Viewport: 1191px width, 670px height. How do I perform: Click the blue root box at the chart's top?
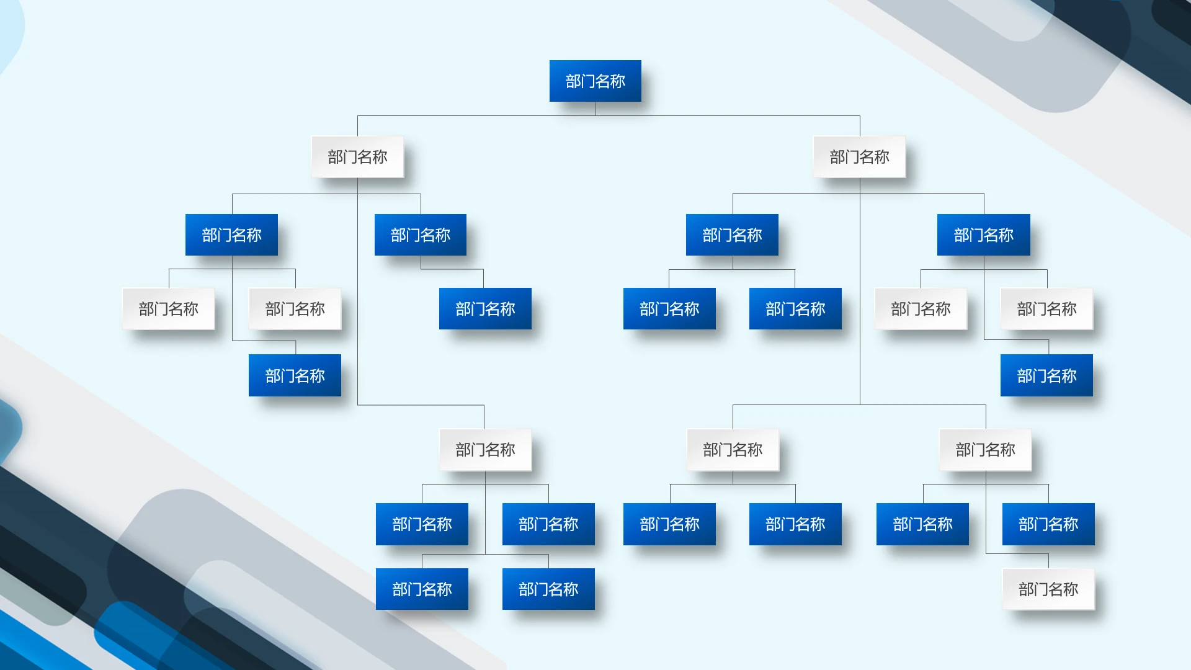coord(595,81)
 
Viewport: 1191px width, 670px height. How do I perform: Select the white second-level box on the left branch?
coord(357,157)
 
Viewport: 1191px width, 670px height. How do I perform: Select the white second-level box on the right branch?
coord(860,157)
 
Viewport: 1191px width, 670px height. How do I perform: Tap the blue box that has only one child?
coord(421,234)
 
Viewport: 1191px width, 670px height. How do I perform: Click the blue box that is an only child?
coord(485,308)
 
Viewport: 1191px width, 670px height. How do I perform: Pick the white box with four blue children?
coord(485,450)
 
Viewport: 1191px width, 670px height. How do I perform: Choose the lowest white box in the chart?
coord(1048,589)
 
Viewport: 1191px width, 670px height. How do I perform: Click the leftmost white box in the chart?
coord(169,308)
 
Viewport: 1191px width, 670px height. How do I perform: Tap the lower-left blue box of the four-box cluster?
coord(422,589)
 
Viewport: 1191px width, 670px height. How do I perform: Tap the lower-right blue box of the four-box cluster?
coord(548,589)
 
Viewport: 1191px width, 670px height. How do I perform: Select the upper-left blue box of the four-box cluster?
coord(422,524)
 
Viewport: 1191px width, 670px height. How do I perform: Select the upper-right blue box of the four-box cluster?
coord(548,524)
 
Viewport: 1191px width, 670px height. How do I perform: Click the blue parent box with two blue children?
coord(732,234)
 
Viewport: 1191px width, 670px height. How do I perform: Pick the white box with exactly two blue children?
coord(733,450)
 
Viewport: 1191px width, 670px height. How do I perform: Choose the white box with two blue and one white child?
coord(986,450)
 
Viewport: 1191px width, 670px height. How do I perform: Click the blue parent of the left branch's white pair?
coord(231,234)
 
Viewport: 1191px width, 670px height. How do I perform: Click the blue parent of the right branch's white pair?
coord(984,234)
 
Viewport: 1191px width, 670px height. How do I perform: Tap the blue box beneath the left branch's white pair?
coord(295,375)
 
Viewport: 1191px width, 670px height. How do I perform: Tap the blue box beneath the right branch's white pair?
coord(1046,375)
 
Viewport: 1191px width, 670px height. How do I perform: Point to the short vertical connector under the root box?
coord(595,109)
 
